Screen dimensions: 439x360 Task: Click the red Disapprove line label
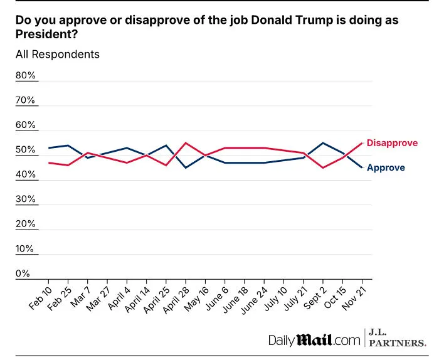[392, 143]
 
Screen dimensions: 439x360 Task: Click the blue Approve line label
[386, 167]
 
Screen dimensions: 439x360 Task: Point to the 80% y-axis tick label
[26, 75]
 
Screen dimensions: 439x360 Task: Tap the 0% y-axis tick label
[23, 273]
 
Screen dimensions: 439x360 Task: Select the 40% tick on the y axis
[26, 174]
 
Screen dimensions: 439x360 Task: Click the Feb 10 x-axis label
[41, 299]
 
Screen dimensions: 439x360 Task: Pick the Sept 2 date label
[315, 298]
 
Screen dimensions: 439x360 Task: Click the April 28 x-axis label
[176, 300]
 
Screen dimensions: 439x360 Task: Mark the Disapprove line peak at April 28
[186, 143]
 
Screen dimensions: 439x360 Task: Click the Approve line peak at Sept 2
[323, 143]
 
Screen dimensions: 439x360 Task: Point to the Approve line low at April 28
[186, 167]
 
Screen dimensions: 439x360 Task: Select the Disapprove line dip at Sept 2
[323, 167]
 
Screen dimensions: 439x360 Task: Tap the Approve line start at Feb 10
[49, 148]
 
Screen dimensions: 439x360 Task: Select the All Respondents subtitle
[58, 55]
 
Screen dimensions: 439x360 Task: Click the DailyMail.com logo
[314, 340]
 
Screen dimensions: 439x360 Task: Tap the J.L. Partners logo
[398, 338]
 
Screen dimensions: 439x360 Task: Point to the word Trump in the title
[314, 21]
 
